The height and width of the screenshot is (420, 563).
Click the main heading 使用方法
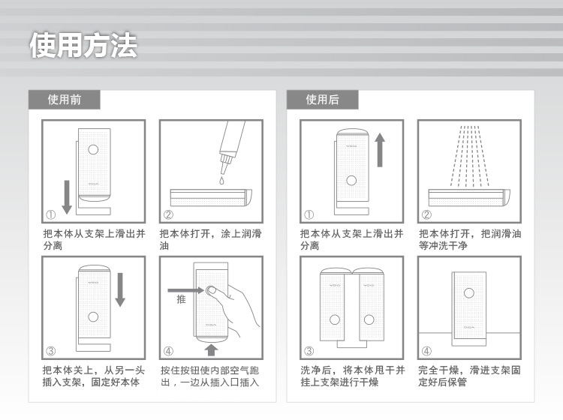coord(83,45)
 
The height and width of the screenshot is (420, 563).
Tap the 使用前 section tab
coord(65,99)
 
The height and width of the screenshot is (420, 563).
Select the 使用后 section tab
coord(323,99)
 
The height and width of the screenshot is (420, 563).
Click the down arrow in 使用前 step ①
coord(67,197)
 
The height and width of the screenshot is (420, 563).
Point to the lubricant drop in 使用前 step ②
coord(221,180)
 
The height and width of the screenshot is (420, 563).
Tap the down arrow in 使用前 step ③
coord(120,289)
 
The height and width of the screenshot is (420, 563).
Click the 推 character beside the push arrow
coord(181,299)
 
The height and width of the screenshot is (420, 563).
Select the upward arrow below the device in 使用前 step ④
coord(211,349)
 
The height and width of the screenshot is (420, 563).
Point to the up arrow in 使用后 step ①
coord(380,150)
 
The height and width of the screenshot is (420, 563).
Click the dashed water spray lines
coord(470,156)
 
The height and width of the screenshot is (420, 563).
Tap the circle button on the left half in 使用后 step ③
coord(335,319)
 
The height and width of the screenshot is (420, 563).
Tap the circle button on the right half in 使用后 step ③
coord(369,319)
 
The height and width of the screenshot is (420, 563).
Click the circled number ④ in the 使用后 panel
coord(426,351)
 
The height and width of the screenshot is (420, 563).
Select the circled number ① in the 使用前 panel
coord(50,214)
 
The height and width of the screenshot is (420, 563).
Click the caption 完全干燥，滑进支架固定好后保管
coord(469,376)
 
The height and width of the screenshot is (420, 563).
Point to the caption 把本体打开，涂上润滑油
coord(211,239)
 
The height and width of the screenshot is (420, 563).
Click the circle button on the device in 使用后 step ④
coord(469,293)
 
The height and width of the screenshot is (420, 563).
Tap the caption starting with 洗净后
coord(353,376)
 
